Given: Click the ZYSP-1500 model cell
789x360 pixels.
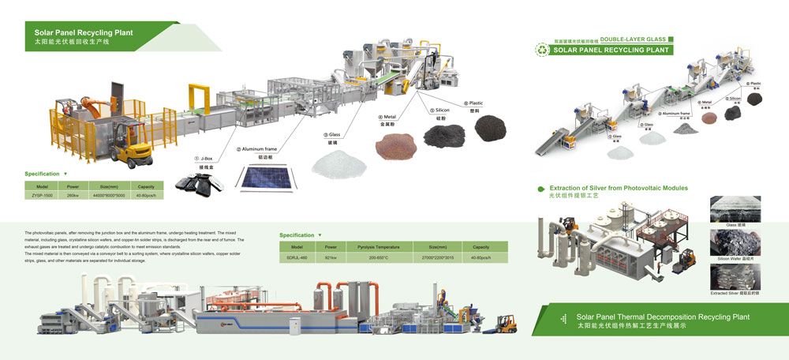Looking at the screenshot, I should (x=43, y=195).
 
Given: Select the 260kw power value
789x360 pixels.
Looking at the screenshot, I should (x=73, y=195).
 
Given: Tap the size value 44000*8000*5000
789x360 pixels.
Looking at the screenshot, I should (x=110, y=195).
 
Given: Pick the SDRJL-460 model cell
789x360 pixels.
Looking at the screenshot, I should (x=297, y=258).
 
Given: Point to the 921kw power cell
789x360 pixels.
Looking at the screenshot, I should (x=332, y=258).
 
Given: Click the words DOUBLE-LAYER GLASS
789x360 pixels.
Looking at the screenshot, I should (x=632, y=38).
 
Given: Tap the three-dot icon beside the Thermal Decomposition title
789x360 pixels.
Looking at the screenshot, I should (x=562, y=319).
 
